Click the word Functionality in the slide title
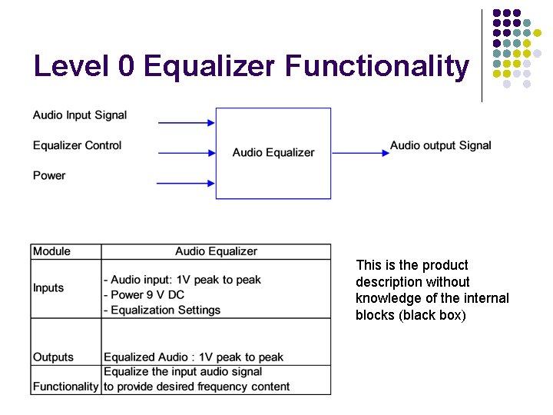(376, 67)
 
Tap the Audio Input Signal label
(80, 115)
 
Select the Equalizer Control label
(77, 145)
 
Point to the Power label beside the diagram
(49, 175)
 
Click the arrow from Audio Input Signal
(186, 122)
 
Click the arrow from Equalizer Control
(186, 152)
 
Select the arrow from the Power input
(186, 183)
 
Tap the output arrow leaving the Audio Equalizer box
(361, 153)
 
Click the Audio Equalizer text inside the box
(273, 152)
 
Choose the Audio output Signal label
(440, 145)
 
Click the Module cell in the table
(51, 251)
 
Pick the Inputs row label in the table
(48, 288)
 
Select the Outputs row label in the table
(53, 357)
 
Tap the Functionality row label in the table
(66, 387)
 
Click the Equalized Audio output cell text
(194, 357)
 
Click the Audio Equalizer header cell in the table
(216, 251)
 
